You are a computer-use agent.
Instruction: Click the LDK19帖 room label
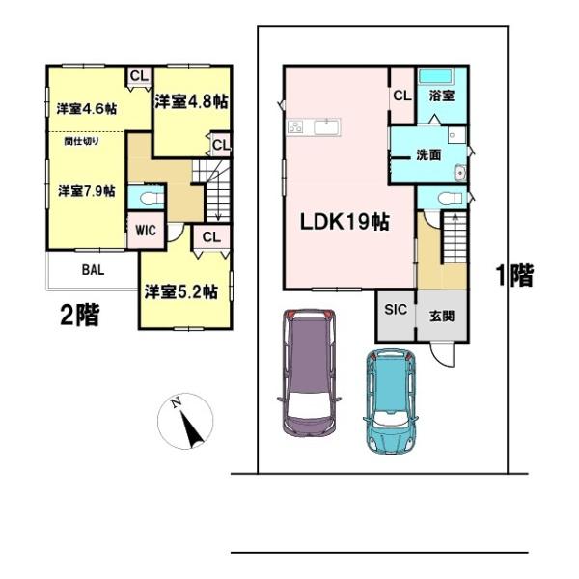(345, 222)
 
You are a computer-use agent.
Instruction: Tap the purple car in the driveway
(309, 372)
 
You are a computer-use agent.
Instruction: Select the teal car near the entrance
(392, 401)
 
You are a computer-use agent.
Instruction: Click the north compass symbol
(185, 421)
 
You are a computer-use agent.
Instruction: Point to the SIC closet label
(396, 310)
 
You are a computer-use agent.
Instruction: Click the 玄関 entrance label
(442, 317)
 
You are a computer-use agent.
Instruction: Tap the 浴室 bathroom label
(442, 96)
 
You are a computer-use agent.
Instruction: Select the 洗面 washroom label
(428, 155)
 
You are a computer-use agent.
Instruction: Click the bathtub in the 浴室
(436, 76)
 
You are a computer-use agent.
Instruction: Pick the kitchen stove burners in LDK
(296, 127)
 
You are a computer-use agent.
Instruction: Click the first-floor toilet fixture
(450, 198)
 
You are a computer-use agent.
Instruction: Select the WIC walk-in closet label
(146, 231)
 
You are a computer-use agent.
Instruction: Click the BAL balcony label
(93, 270)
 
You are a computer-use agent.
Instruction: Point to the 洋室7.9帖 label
(87, 191)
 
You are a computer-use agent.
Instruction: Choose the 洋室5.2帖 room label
(181, 291)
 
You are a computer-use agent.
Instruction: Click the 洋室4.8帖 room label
(191, 101)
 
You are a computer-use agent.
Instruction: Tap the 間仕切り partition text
(82, 141)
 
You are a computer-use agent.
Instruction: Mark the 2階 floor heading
(80, 316)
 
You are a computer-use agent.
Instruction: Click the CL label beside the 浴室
(402, 96)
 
